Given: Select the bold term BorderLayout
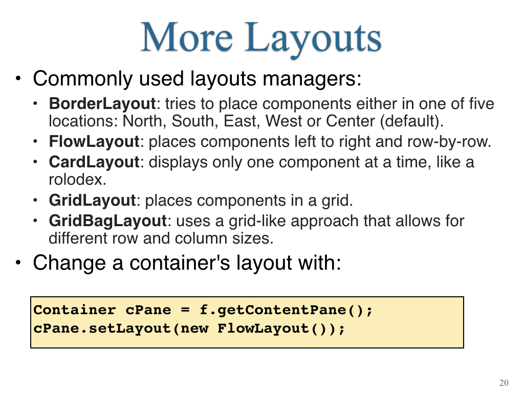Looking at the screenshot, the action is coord(102,104).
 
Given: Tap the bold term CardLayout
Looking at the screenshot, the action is coord(94,162).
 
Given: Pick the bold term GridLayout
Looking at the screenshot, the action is coord(92,201).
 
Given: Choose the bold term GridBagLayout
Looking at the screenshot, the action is coord(107,221).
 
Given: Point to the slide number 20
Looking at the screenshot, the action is coord(504,383).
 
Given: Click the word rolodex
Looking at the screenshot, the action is coord(78,180).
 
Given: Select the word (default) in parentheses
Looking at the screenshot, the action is coord(412,121).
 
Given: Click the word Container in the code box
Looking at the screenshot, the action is coord(75,310).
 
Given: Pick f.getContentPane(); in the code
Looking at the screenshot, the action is coord(286,311).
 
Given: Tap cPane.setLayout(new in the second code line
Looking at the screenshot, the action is coord(121,329).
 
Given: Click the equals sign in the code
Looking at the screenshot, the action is coord(185,310).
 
